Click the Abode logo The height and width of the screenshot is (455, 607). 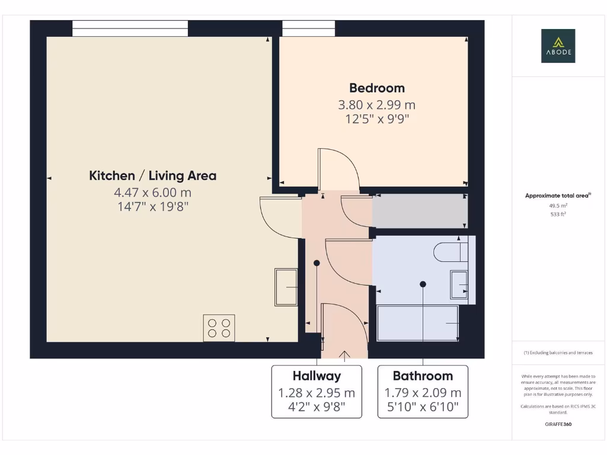point(557,46)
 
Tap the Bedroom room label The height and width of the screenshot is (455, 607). point(377,88)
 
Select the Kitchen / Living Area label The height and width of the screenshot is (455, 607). point(152,176)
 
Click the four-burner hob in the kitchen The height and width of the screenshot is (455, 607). point(219,328)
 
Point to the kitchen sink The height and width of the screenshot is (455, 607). point(286,287)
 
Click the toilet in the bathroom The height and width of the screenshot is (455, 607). point(451,251)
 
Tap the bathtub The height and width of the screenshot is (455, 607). point(418,323)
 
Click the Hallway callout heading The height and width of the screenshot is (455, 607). point(317,376)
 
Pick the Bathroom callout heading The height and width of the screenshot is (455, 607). point(423,376)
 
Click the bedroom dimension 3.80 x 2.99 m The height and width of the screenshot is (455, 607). point(377,105)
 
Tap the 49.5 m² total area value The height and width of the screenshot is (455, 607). point(558,206)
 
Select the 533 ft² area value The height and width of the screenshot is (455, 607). point(558,214)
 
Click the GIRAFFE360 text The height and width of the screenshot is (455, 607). point(558,424)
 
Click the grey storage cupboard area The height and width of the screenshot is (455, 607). point(420,211)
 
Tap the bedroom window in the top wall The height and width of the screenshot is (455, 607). point(308,28)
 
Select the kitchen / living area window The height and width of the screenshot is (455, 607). point(130,28)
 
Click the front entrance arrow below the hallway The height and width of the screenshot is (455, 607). point(343,355)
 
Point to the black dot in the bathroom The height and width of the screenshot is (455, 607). point(423,284)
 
